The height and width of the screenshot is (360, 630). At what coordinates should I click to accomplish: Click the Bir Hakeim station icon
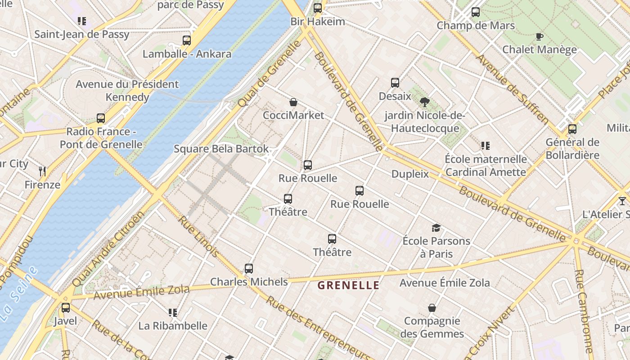click(x=318, y=8)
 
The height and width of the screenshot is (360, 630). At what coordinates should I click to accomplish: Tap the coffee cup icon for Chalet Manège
click(x=539, y=36)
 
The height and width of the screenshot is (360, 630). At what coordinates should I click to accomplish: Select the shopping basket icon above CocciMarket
click(x=293, y=102)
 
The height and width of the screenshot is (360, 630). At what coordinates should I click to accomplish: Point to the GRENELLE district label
click(x=349, y=285)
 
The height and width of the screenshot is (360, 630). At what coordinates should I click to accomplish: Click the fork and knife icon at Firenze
click(x=42, y=171)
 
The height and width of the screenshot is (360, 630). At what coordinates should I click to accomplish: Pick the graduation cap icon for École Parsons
click(x=436, y=228)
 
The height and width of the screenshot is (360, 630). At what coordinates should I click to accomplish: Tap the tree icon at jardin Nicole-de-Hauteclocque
click(x=424, y=102)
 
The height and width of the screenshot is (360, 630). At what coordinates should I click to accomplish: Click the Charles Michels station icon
click(x=249, y=269)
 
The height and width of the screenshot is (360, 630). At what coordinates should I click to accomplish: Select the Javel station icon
click(x=66, y=308)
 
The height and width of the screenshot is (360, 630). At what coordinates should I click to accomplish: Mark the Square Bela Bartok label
click(x=221, y=149)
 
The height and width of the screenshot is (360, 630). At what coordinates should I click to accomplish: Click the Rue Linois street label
click(x=198, y=236)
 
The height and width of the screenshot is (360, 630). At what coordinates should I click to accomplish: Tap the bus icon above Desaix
click(x=395, y=83)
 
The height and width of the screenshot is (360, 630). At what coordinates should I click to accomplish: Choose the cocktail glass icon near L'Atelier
click(x=622, y=201)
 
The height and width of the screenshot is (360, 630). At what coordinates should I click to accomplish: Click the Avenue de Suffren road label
click(x=513, y=89)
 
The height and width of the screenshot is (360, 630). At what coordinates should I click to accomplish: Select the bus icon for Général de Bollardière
click(x=572, y=129)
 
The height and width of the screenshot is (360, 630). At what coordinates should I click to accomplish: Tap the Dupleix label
click(x=410, y=174)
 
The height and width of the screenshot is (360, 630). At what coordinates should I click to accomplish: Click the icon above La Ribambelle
click(x=172, y=312)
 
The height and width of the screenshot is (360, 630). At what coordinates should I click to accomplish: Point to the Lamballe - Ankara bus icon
click(x=187, y=40)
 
